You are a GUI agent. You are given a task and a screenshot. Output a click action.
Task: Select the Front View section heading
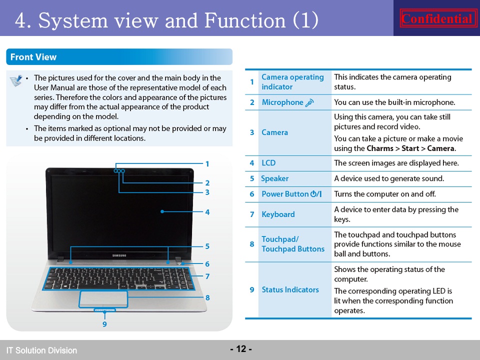coord(33,57)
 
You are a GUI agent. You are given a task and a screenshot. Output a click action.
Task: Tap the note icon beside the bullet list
coord(16,80)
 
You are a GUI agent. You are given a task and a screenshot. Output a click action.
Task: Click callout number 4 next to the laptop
coord(207,212)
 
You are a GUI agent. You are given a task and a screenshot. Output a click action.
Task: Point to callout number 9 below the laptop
coord(104,324)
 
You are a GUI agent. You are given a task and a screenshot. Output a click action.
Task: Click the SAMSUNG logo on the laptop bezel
coord(119,255)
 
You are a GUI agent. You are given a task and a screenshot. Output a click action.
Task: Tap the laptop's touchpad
coord(103,299)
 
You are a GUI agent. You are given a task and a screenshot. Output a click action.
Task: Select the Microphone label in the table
coord(282,102)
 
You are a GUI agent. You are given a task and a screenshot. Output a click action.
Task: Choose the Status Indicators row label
coord(290,289)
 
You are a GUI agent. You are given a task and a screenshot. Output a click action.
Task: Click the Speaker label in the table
coord(274,178)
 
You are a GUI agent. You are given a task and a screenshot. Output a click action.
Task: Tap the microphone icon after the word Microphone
coord(310,102)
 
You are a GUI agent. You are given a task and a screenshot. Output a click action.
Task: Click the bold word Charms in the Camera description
coord(380,148)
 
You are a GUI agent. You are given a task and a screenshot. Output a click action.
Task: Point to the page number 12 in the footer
coord(241,349)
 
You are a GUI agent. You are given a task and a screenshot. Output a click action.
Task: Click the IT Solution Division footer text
coord(41,350)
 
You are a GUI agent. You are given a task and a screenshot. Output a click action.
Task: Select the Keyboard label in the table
coord(278,214)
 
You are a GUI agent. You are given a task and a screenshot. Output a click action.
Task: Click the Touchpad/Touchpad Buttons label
coord(293,244)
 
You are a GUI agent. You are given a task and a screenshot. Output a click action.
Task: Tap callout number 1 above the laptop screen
coord(207,164)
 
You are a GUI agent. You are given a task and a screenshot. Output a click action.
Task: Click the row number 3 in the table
coord(252,132)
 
